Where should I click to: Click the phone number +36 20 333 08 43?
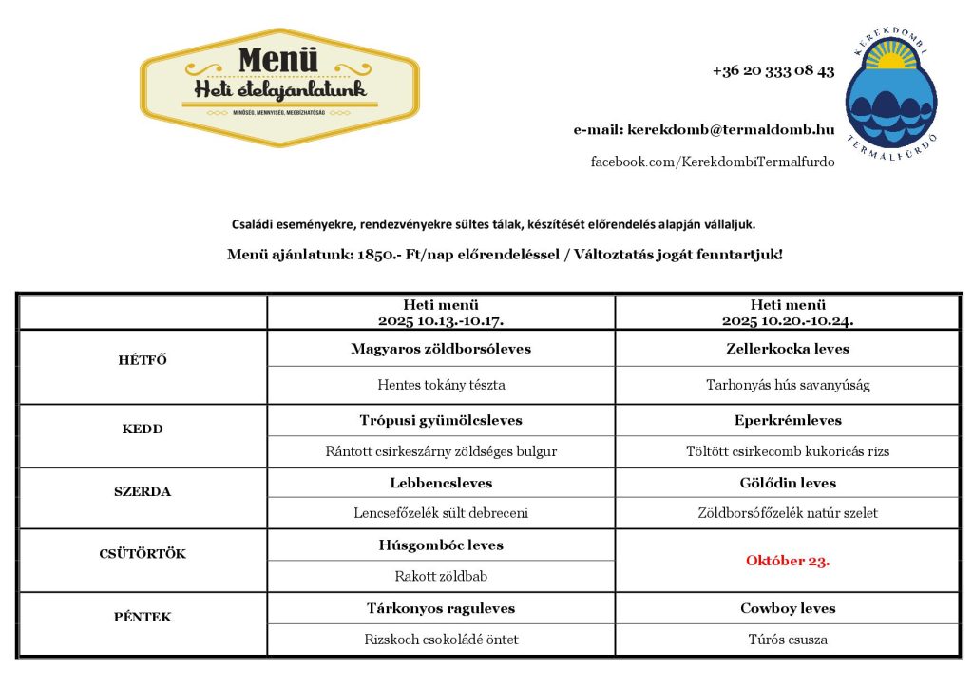click(x=773, y=71)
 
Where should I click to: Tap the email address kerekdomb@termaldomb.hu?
click(x=730, y=129)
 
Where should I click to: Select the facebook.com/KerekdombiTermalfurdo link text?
click(x=713, y=162)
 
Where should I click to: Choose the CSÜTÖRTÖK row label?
click(x=143, y=554)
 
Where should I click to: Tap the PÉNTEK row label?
click(x=143, y=617)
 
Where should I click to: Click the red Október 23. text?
click(x=788, y=561)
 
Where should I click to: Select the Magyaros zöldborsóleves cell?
click(x=441, y=349)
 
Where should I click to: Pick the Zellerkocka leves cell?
click(x=788, y=349)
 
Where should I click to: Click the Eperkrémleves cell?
click(x=788, y=420)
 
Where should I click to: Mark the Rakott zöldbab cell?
click(x=441, y=576)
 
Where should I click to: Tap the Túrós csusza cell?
click(x=788, y=640)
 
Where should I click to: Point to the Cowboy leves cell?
click(x=788, y=608)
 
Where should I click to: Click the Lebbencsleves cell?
click(x=441, y=483)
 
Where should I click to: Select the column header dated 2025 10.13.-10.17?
click(x=441, y=313)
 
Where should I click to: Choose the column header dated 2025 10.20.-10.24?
click(x=788, y=313)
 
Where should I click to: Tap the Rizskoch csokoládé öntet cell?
click(x=441, y=640)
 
